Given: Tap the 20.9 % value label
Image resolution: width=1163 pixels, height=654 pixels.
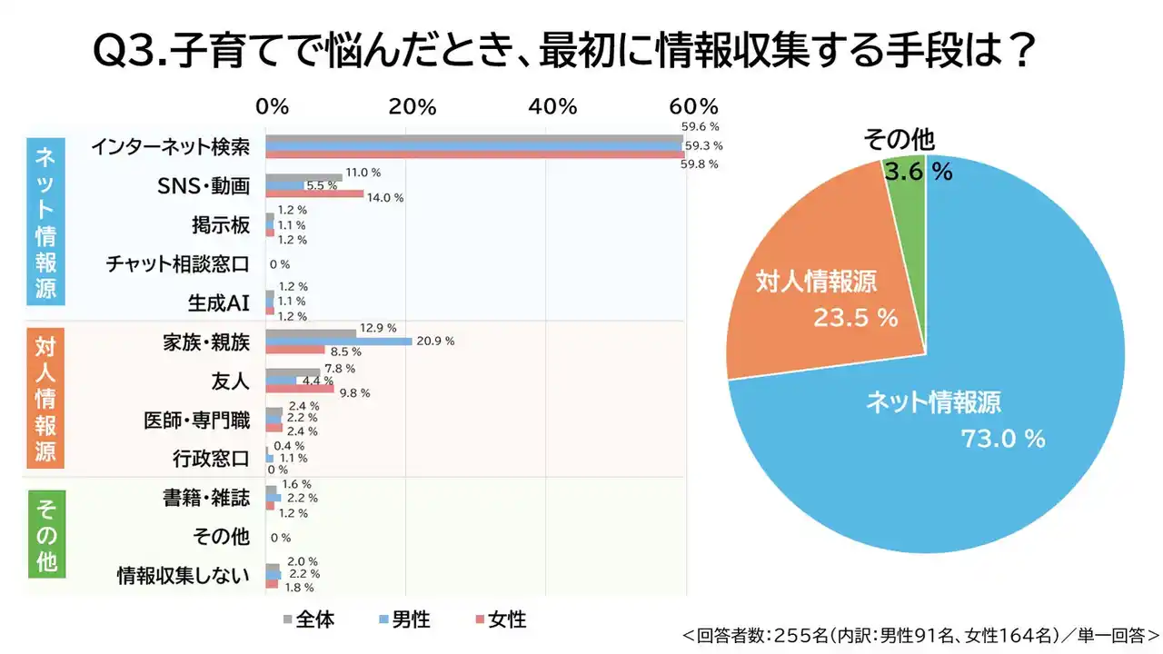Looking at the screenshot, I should (435, 342).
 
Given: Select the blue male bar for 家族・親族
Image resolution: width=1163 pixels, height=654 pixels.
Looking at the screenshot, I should (338, 342).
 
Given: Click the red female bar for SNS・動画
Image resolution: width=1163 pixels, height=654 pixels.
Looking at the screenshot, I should (314, 193).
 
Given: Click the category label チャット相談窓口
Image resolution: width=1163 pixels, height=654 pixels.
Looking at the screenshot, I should (177, 264).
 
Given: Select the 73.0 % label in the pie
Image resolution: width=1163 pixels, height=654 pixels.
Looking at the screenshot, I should (1003, 440).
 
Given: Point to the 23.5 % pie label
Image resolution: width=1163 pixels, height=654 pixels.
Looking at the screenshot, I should (854, 319).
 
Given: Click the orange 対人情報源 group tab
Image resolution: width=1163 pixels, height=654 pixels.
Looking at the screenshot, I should (45, 399).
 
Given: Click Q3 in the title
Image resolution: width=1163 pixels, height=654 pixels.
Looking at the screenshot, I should (126, 52).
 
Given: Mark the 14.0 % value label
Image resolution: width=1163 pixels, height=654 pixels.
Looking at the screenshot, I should (385, 197).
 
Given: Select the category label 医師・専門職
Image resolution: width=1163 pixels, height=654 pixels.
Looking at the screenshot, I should (196, 420).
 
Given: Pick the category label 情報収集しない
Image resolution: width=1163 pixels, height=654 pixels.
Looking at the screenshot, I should (183, 575).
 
